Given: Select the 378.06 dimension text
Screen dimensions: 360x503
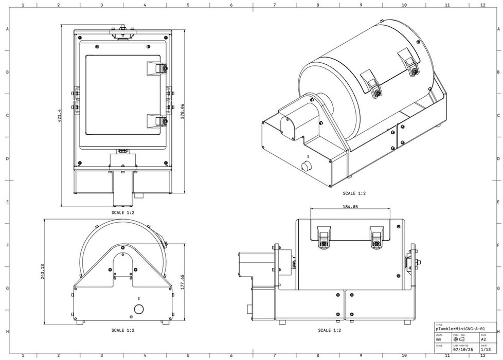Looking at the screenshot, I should click(182, 112).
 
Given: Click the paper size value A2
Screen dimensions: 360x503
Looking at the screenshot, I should click(483, 339).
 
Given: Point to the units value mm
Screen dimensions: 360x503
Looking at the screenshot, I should click(438, 339).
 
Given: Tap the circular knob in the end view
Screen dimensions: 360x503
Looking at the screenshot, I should click(138, 309).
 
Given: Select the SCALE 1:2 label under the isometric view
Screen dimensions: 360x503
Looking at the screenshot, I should click(354, 193).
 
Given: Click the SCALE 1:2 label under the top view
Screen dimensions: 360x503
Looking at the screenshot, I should click(123, 212).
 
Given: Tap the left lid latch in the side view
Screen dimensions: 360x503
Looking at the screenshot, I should click(324, 238).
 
